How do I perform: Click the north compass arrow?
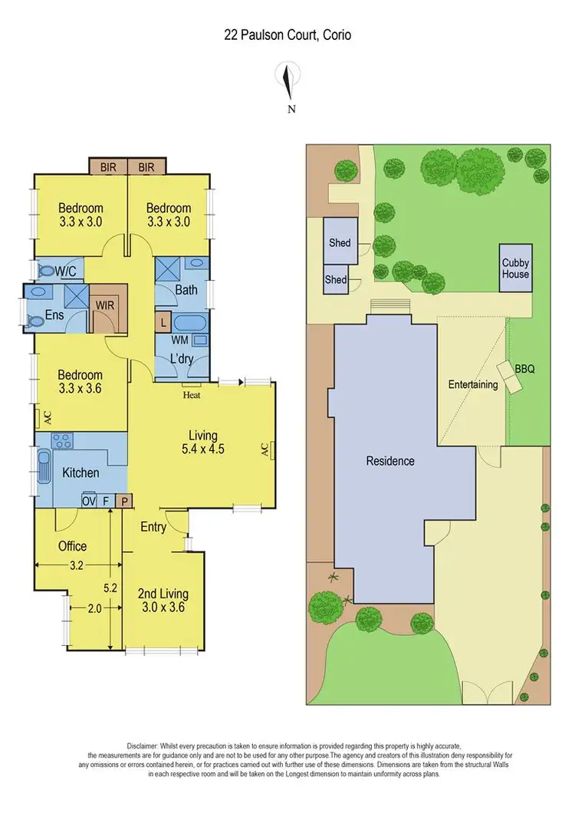(x=287, y=81)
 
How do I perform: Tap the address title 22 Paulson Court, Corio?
(x=287, y=35)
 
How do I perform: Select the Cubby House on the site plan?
(x=515, y=268)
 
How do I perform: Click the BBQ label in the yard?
(x=524, y=369)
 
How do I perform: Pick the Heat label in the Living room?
(x=191, y=396)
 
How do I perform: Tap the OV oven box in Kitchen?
(x=89, y=501)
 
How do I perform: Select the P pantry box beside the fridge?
(x=125, y=501)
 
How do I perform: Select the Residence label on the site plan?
(x=390, y=461)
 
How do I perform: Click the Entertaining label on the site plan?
(x=473, y=384)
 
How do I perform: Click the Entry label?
(x=153, y=527)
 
